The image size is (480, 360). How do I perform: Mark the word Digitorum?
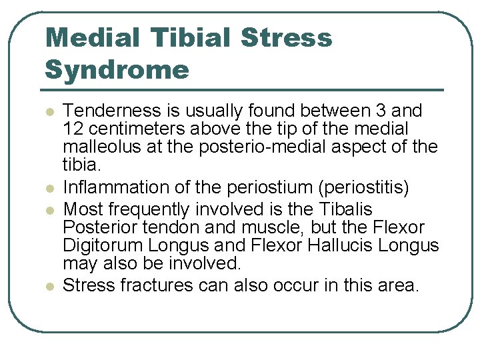coord(99,246)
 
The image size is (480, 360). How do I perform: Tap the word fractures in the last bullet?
coord(155,286)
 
